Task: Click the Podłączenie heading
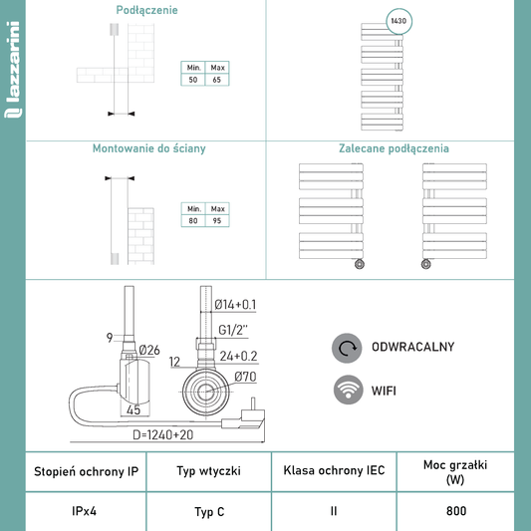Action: click(146, 10)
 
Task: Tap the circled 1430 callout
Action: click(398, 21)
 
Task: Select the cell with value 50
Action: click(193, 80)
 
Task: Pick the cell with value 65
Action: click(217, 80)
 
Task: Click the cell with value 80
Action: click(193, 221)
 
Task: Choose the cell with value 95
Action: click(217, 221)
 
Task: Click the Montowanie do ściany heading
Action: click(149, 148)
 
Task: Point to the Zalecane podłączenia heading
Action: click(394, 148)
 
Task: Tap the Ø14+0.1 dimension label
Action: click(235, 305)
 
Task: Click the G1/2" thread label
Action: click(233, 330)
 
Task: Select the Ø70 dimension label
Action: click(245, 377)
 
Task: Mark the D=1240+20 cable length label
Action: click(163, 434)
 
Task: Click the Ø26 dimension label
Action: click(149, 350)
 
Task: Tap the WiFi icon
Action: click(348, 390)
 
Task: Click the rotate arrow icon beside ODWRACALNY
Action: click(347, 348)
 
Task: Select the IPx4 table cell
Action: click(85, 511)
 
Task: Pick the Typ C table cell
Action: click(209, 511)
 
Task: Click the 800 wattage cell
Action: click(456, 511)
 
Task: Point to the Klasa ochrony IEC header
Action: click(334, 470)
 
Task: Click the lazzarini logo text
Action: click(13, 70)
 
